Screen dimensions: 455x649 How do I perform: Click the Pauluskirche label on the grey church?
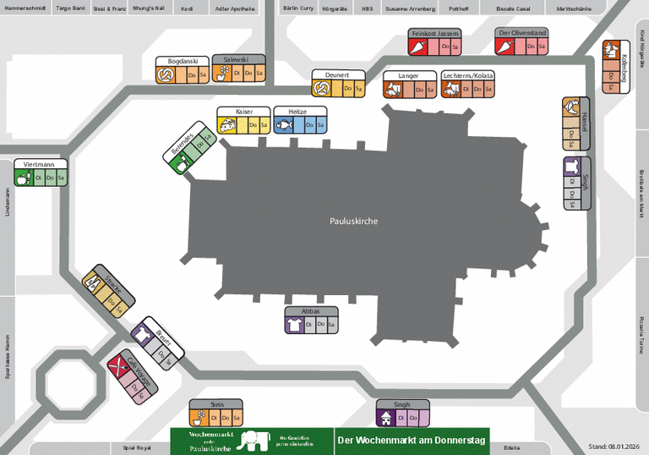point(353,221)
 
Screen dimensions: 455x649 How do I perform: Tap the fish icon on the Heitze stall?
point(283,125)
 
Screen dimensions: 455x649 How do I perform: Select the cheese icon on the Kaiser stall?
point(227,125)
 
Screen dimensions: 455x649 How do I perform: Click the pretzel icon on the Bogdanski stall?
point(166,75)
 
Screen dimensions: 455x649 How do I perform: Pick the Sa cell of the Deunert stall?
point(358,89)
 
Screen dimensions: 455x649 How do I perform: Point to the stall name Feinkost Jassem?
point(435,33)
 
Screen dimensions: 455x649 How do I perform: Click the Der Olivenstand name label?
point(522,33)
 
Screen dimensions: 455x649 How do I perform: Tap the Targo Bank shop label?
point(70,7)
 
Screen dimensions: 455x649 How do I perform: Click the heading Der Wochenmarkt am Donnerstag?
point(411,441)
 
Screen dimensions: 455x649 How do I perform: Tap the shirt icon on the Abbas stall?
point(295,324)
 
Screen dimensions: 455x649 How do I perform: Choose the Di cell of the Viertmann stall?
point(39,178)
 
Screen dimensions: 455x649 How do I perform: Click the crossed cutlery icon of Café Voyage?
point(118,365)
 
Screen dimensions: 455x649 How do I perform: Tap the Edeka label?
point(512,447)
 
